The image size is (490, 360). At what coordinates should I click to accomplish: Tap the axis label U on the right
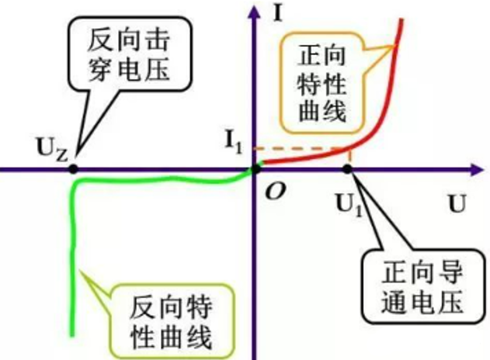point(457,206)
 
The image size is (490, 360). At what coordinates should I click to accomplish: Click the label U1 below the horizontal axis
point(347,205)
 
